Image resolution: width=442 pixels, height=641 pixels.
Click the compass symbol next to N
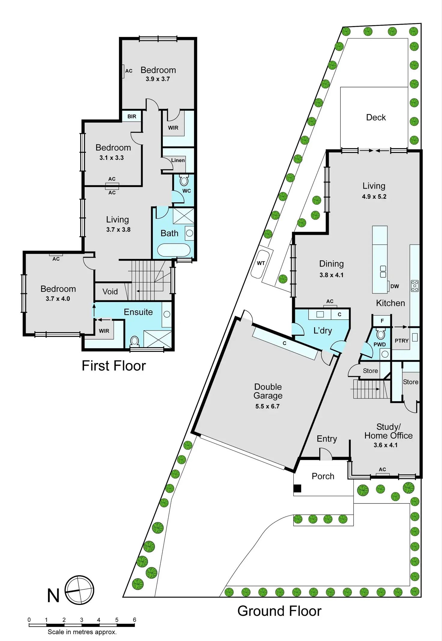[x=79, y=590]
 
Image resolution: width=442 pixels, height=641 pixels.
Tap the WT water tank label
[x=261, y=263]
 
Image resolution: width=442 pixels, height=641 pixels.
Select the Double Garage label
[x=268, y=391]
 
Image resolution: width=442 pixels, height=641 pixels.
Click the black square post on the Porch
[x=297, y=488]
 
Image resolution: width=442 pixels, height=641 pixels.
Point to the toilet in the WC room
[x=184, y=181]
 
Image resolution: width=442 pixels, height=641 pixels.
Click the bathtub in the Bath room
[x=174, y=250]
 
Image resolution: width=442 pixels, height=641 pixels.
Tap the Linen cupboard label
[x=178, y=160]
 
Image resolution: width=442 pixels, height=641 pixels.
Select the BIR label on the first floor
[x=132, y=116]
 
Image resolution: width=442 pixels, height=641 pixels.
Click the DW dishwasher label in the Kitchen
[x=395, y=286]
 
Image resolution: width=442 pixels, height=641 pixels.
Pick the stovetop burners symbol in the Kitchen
[x=415, y=286]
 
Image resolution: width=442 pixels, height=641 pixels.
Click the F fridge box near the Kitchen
[x=382, y=321]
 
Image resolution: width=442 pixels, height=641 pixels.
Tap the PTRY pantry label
[x=401, y=341]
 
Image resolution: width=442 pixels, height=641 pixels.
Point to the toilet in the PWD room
[x=381, y=334]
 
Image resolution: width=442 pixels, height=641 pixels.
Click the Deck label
[x=376, y=117]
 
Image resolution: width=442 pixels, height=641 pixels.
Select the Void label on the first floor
[x=110, y=292]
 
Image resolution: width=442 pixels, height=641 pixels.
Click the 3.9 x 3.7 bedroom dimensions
[x=158, y=79]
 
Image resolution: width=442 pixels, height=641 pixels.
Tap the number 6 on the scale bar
[x=135, y=620]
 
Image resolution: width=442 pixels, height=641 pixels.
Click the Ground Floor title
[x=279, y=611]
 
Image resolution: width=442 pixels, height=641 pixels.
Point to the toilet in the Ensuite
[x=135, y=341]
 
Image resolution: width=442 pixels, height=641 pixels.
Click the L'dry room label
[x=322, y=331]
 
